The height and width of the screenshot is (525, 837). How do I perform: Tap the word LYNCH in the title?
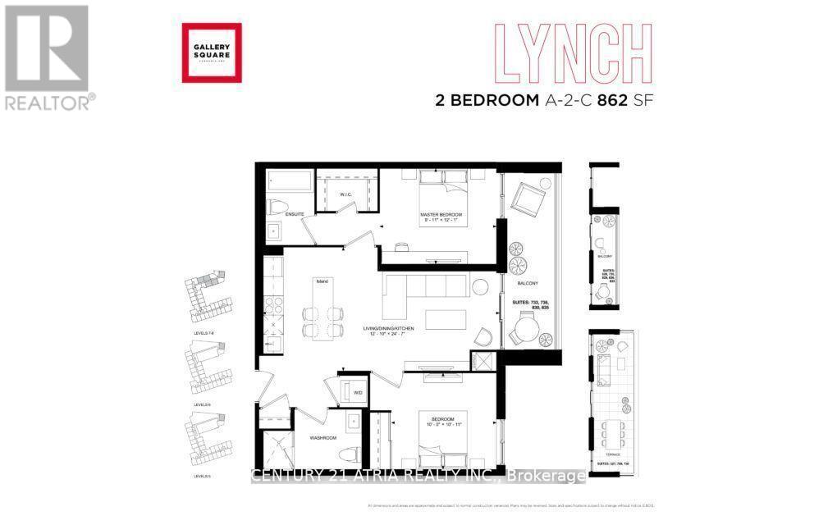point(572,52)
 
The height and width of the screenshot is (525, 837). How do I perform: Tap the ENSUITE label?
point(295,214)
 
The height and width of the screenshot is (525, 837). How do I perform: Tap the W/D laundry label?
point(358,392)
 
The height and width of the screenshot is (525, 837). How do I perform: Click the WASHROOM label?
point(323,437)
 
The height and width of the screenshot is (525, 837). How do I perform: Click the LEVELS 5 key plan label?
point(201,475)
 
